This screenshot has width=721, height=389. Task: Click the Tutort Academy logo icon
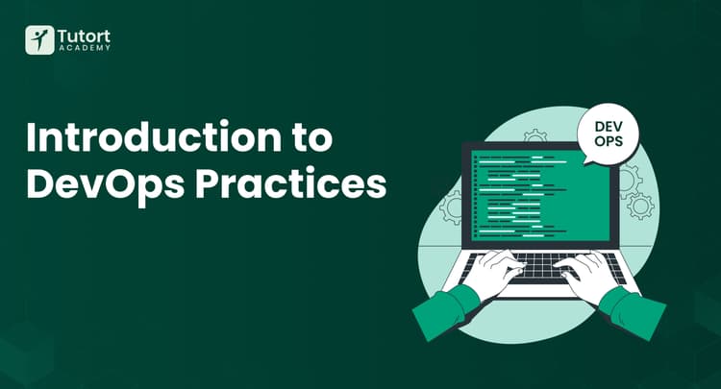tap(39, 40)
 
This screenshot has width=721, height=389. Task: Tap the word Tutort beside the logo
tap(84, 35)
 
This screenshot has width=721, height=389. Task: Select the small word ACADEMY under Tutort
tap(84, 48)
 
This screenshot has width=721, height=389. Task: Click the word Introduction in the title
tap(140, 137)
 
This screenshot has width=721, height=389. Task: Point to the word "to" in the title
tap(311, 138)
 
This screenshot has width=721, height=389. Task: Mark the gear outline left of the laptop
tap(451, 206)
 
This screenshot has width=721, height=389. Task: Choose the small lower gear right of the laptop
tap(640, 206)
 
